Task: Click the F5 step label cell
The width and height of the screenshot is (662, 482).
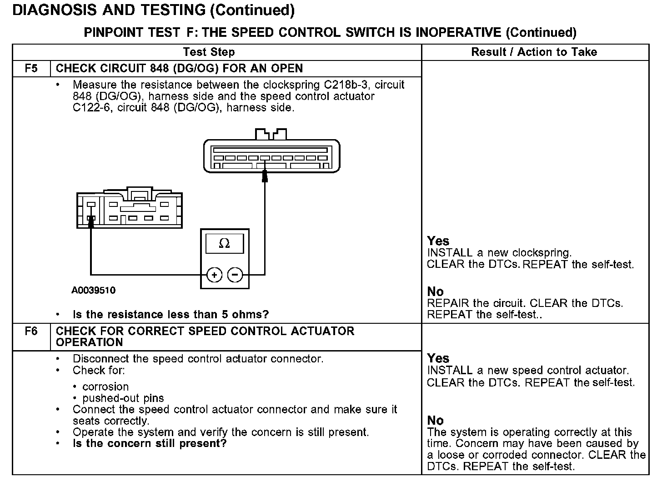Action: pos(31,69)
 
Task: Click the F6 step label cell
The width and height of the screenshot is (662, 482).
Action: pos(31,331)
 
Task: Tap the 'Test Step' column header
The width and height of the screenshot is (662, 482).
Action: pos(209,52)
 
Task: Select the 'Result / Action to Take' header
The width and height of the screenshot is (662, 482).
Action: pos(534,52)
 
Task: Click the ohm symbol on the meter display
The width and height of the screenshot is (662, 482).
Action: pos(224,244)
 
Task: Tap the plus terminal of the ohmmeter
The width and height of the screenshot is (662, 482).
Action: pos(214,275)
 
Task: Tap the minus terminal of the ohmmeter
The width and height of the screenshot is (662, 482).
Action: pos(235,275)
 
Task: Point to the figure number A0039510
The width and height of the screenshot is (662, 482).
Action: pos(93,290)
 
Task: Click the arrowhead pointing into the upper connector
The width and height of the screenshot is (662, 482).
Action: pos(265,176)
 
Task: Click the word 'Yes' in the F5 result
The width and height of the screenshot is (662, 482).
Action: pos(438,241)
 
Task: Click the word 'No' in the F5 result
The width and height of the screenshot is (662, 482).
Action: pos(435,291)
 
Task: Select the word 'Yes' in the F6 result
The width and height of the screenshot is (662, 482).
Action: pos(438,358)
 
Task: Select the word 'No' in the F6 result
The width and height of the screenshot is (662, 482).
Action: pos(435,420)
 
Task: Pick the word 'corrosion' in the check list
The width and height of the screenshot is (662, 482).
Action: pos(105,387)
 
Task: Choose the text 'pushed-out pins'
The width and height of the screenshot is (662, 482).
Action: pos(123,398)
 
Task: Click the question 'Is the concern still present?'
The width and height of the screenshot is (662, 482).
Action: pos(150,443)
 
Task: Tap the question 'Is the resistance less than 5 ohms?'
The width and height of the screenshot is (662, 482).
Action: pos(171,314)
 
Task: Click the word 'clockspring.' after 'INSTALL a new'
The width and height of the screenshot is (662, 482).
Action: pos(542,253)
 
